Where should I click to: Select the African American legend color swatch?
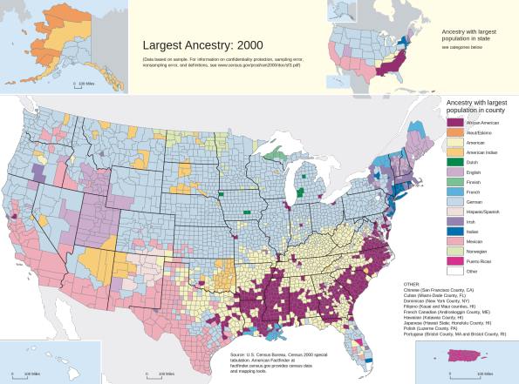454,125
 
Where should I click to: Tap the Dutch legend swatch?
454,163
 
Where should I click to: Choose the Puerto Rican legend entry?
454,259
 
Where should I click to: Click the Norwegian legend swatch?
454,246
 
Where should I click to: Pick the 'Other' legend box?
454,271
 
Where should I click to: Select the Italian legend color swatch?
454,223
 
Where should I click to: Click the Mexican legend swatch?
454,235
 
